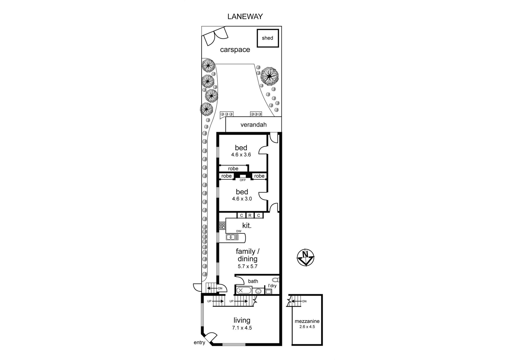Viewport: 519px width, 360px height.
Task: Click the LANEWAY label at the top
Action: click(x=245, y=17)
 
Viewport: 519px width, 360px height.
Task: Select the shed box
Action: click(x=267, y=38)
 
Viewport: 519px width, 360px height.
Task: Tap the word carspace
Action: click(x=235, y=50)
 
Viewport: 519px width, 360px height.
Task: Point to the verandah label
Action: click(x=253, y=125)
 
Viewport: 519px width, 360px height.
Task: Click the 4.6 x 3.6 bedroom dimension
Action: click(x=241, y=155)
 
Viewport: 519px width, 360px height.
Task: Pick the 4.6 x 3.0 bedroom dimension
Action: click(x=242, y=199)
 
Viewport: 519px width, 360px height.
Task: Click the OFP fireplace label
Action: click(x=243, y=180)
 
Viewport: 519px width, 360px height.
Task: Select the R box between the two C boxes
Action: click(x=250, y=215)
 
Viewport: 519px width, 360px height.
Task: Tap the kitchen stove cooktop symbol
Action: click(x=222, y=226)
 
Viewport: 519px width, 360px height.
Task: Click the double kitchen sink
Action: click(x=232, y=237)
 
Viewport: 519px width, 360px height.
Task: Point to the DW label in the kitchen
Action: click(x=239, y=231)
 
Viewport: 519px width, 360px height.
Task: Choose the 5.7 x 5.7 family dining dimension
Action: click(x=248, y=266)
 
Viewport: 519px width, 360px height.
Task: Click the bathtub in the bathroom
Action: click(x=243, y=290)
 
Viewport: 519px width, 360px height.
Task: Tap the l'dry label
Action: click(x=270, y=286)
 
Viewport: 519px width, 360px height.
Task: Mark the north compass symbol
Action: click(x=305, y=258)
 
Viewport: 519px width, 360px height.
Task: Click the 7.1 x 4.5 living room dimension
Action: click(x=242, y=328)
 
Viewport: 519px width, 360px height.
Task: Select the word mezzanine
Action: click(x=307, y=321)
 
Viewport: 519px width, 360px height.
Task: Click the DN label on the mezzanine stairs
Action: click(x=304, y=301)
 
